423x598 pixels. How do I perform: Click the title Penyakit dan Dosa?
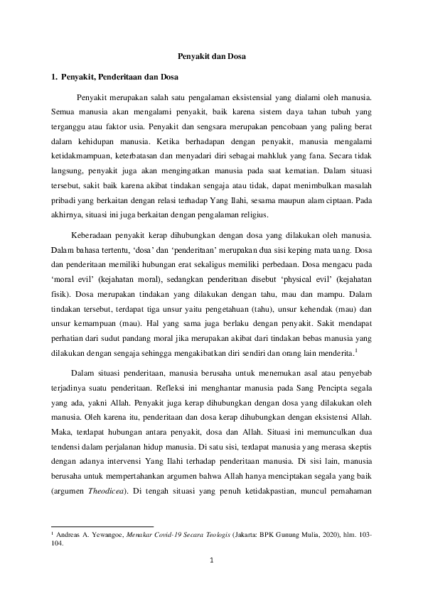point(211,55)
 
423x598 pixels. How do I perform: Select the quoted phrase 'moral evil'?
point(75,279)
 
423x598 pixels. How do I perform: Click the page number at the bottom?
point(211,561)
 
